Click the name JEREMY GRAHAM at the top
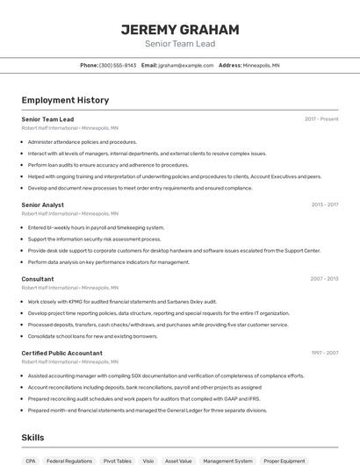[x=180, y=29]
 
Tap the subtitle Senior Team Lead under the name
[x=180, y=43]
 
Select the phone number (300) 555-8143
[x=118, y=65]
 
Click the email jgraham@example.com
[x=186, y=65]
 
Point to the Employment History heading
[x=65, y=100]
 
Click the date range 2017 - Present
[x=321, y=118]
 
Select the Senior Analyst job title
[x=43, y=205]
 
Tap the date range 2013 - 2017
[x=325, y=204]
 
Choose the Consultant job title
[x=38, y=279]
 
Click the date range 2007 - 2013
[x=324, y=279]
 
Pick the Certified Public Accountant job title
[x=62, y=354]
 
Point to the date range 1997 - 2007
[x=324, y=353]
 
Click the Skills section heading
[x=33, y=437]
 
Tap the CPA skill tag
[x=31, y=461]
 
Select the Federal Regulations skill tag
[x=69, y=461]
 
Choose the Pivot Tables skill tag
[x=118, y=461]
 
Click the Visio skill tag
[x=148, y=461]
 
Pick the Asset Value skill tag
[x=178, y=461]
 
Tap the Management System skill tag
[x=227, y=461]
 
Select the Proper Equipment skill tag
[x=284, y=461]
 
